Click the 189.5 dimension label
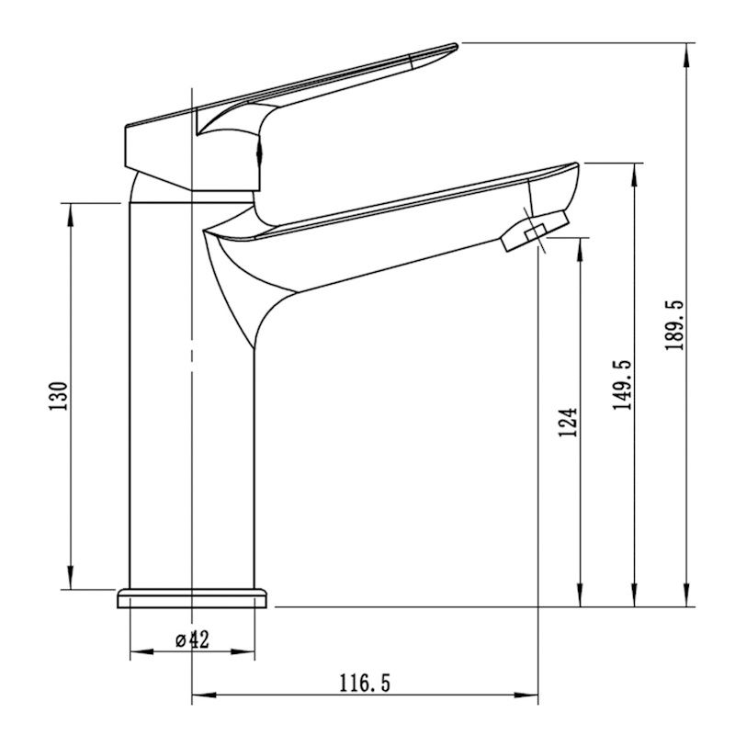674,325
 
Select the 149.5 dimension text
622,385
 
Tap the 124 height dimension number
568,423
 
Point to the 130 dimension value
58,396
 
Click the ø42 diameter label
192,639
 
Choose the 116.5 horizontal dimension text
365,683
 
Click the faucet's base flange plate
192,598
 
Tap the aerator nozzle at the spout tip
535,231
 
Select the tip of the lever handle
456,45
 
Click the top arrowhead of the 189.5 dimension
687,55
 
